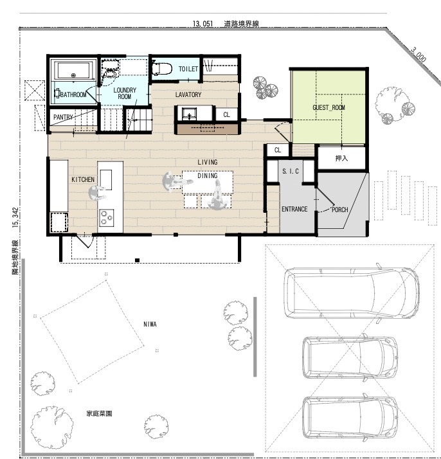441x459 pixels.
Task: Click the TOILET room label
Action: pos(188,69)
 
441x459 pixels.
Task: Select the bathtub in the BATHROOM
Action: pos(73,70)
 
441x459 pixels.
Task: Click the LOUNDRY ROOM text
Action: pos(125,93)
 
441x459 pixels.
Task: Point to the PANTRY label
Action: pos(63,117)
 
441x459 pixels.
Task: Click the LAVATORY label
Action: pos(188,94)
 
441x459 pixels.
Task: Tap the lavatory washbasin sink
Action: pos(189,114)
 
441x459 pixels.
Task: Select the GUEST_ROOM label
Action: pos(328,107)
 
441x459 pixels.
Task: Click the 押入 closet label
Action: pos(341,158)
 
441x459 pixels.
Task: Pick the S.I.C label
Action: pos(291,171)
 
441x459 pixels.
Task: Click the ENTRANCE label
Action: pos(294,209)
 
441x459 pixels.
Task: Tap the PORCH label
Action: pos(339,210)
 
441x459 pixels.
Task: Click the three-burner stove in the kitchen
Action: pos(107,217)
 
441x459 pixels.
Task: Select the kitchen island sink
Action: pos(105,180)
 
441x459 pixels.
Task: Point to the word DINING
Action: pos(208,175)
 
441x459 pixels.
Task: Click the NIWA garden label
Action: pos(150,324)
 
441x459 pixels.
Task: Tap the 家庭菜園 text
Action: pos(99,413)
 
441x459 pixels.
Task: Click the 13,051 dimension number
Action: pos(203,24)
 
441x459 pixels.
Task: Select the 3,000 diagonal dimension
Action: pos(418,55)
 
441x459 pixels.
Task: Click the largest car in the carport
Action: pos(352,293)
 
